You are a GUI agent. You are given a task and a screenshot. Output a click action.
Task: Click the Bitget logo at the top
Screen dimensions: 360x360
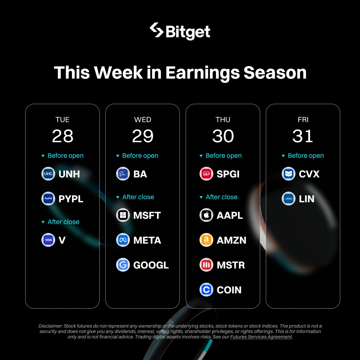180,31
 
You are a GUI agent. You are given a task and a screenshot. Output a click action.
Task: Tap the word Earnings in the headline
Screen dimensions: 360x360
203,73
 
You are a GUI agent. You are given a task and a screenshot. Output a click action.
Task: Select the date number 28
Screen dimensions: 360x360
63,136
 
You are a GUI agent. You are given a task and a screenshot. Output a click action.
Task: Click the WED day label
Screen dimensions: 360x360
142,120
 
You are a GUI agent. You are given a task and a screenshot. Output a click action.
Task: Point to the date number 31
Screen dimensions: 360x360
303,136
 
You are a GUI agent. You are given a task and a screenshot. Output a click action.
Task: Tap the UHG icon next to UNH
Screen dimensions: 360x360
48,174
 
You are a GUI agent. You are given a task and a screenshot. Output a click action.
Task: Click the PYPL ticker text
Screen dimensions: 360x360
71,199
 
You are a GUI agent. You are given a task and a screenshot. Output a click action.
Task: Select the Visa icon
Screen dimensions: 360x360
48,240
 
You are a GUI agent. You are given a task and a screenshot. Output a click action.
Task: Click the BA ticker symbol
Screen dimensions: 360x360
140,174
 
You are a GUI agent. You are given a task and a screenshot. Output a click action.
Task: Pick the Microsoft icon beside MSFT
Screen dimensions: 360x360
123,215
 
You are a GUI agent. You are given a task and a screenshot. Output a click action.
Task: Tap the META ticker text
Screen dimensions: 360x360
147,240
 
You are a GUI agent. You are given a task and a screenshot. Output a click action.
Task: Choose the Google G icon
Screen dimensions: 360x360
123,265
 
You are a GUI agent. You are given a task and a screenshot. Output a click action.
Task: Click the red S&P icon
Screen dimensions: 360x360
206,174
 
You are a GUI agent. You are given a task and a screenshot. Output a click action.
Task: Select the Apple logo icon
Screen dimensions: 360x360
206,215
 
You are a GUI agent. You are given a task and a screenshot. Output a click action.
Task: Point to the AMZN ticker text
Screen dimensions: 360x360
232,240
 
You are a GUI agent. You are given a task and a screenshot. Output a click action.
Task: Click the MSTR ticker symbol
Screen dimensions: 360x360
231,265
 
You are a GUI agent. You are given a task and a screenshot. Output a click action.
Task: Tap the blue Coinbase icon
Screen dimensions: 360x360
206,289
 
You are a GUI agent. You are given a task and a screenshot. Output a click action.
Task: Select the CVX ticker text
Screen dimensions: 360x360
309,174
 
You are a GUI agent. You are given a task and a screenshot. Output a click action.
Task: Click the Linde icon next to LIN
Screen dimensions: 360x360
288,199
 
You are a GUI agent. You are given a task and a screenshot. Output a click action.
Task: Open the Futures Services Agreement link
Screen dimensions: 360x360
261,337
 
